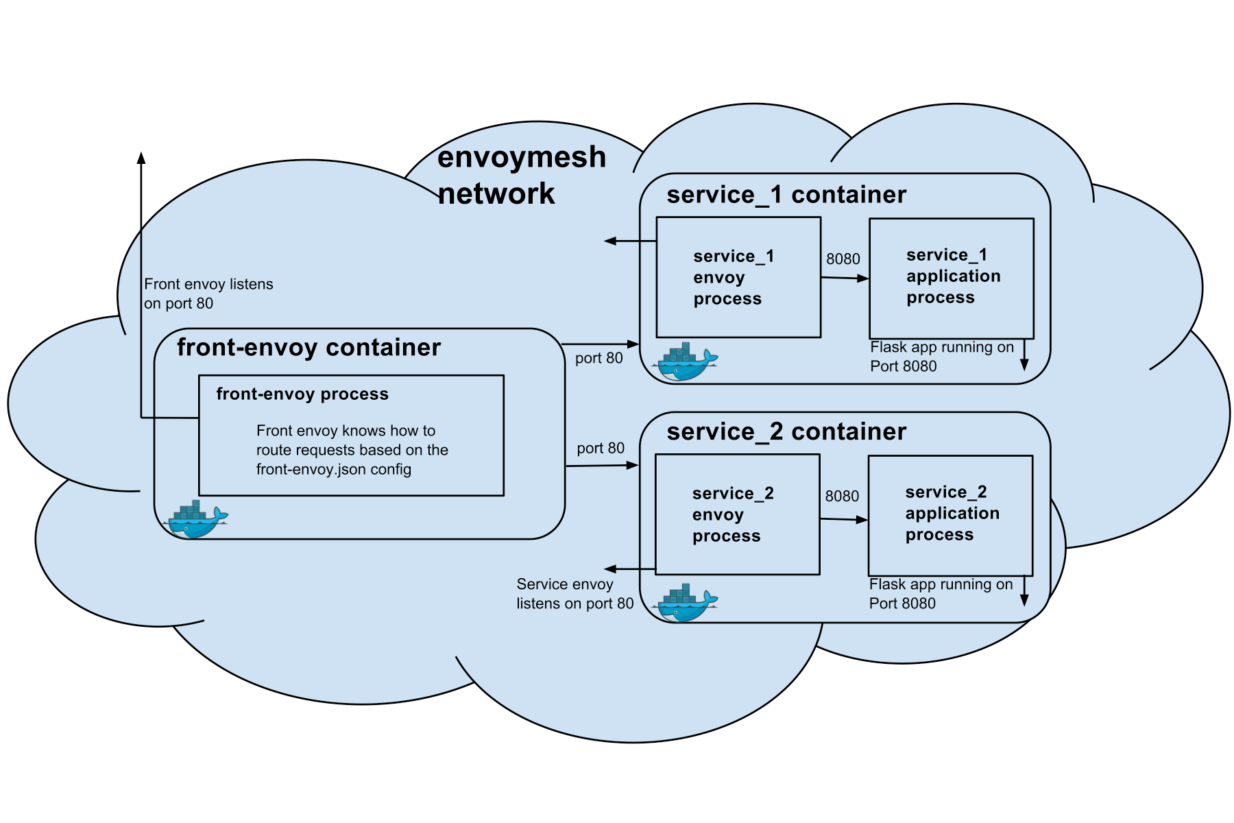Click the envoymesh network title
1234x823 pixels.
(522, 175)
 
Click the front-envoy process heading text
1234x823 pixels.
(302, 394)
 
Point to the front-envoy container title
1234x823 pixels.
(308, 348)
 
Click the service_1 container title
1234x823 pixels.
(786, 195)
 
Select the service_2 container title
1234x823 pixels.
(786, 432)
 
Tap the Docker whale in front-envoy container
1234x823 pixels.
(195, 519)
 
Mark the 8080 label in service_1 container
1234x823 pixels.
(843, 259)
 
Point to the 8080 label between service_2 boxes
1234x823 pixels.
(842, 497)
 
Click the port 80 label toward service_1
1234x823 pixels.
(599, 358)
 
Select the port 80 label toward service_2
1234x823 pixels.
(601, 449)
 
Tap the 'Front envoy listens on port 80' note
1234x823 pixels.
(208, 294)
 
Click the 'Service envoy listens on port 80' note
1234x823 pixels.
(575, 594)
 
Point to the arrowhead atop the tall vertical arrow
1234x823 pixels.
(141, 158)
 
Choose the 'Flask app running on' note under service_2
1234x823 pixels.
(941, 584)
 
